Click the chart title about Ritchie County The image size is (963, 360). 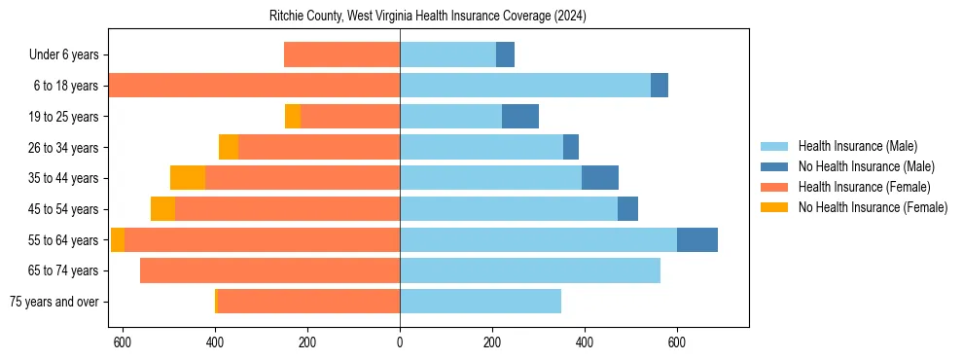428,17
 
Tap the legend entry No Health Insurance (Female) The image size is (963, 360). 873,207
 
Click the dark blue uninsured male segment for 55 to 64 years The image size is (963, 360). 697,239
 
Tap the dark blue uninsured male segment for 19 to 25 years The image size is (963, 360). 520,117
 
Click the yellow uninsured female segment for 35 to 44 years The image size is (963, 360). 188,178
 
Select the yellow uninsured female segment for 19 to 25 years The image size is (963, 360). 293,117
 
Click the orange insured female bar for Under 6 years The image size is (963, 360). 341,55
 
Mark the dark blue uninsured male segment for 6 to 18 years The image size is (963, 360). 660,86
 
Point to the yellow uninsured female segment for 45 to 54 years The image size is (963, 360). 162,209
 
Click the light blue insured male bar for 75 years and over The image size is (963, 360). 481,302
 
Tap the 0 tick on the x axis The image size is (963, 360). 400,342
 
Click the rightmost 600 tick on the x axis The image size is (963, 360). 677,342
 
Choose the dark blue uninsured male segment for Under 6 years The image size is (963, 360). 505,55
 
